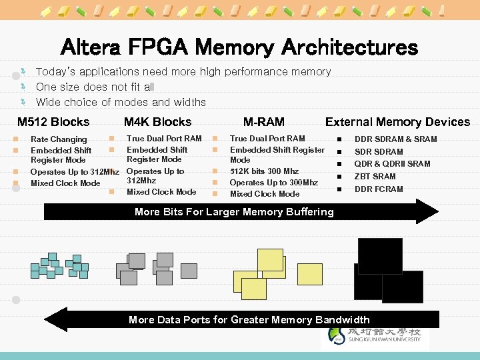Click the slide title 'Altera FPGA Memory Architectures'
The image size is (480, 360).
tap(239, 47)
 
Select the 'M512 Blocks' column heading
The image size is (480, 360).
tap(53, 122)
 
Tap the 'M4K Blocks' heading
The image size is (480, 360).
tap(157, 122)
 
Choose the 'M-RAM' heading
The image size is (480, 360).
tap(264, 122)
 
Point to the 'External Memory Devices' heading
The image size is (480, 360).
tap(397, 122)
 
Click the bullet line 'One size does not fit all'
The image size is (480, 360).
tap(95, 87)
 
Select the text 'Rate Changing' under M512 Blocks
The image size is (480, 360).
tap(59, 139)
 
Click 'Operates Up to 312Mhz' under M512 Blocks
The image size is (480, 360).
tap(75, 172)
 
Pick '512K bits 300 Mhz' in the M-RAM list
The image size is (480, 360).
tap(264, 171)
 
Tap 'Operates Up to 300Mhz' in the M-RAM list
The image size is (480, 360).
tap(273, 183)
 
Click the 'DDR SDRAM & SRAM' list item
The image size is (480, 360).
tap(395, 139)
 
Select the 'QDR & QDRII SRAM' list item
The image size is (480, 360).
tap(392, 164)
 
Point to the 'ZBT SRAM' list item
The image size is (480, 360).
tap(375, 177)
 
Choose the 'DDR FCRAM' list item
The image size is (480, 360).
tap(379, 189)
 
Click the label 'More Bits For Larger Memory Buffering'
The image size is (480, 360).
tap(234, 212)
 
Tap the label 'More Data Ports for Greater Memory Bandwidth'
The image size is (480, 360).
tap(249, 320)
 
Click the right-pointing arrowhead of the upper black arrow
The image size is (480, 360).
tap(427, 212)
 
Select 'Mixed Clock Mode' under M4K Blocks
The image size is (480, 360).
tap(161, 192)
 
